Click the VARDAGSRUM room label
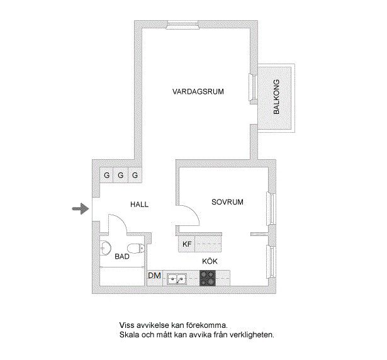click(x=198, y=92)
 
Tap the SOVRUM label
click(x=227, y=202)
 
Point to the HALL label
click(x=140, y=205)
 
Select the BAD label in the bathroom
click(x=122, y=257)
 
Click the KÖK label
click(x=210, y=261)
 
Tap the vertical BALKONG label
click(x=277, y=97)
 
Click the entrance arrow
click(x=81, y=209)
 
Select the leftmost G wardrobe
click(x=106, y=175)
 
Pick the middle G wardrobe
click(x=120, y=175)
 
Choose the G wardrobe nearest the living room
click(x=135, y=175)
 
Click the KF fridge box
click(x=187, y=244)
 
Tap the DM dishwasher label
click(x=155, y=276)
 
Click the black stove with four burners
click(x=208, y=278)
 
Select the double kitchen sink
click(x=176, y=279)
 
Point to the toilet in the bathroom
click(x=136, y=248)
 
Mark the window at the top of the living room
click(x=182, y=25)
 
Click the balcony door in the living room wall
click(x=253, y=87)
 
